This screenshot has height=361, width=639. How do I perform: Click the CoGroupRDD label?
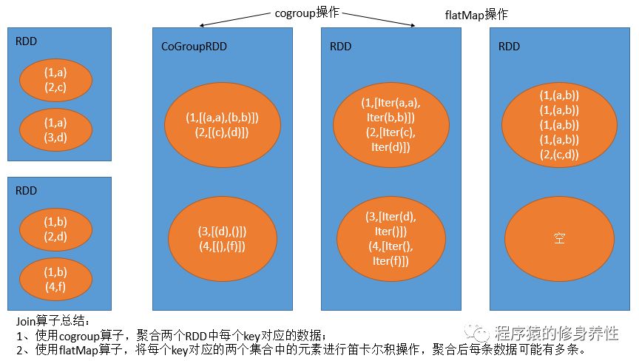tap(194, 47)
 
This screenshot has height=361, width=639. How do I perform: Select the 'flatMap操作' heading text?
tap(476, 15)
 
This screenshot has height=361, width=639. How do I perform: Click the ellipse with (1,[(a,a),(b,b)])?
tap(222, 125)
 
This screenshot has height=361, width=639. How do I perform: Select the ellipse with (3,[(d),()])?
tap(222, 239)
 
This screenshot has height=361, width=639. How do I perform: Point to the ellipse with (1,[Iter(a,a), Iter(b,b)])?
tap(391, 124)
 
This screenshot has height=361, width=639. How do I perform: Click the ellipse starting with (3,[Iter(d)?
tap(391, 238)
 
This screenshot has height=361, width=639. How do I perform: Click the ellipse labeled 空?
tap(558, 238)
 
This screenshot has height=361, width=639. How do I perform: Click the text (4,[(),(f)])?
tap(222, 246)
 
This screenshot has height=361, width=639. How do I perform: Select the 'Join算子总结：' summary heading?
tap(53, 322)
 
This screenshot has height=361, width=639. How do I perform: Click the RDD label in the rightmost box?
tap(510, 46)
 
